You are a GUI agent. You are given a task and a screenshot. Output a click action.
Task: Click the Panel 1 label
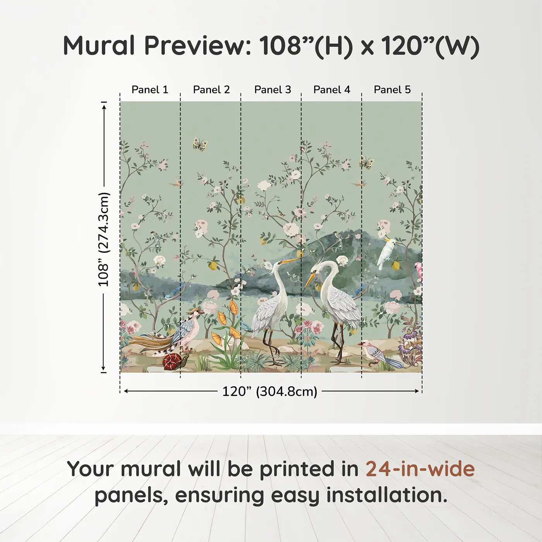click(x=150, y=90)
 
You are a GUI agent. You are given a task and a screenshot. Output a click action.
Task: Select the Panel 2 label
click(x=211, y=90)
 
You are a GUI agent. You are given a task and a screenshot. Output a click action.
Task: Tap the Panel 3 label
click(x=273, y=90)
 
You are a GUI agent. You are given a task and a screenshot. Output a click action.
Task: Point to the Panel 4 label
click(x=332, y=90)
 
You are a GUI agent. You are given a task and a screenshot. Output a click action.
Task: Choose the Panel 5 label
click(x=392, y=90)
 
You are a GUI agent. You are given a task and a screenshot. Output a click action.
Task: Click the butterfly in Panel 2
click(x=200, y=144)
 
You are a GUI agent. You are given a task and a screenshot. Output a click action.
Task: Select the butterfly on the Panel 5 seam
click(x=366, y=163)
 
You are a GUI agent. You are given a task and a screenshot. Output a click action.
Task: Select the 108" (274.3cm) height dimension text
click(x=104, y=239)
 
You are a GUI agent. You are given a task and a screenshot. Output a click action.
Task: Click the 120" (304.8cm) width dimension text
click(x=269, y=391)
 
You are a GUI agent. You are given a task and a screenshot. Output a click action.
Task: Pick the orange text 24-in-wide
click(x=420, y=469)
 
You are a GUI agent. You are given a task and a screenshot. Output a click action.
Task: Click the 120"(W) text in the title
click(x=430, y=46)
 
